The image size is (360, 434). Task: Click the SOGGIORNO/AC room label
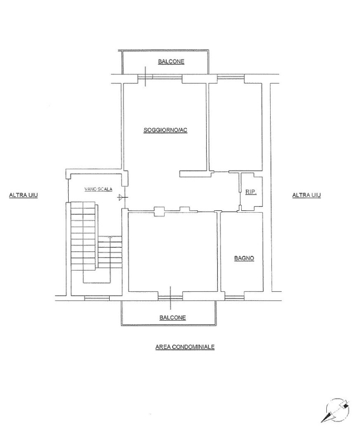coord(165,130)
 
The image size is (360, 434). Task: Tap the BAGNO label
coord(244,258)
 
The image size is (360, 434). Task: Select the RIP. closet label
coord(251,192)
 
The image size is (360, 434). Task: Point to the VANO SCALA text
coord(98,189)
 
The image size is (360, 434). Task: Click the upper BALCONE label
coord(171,61)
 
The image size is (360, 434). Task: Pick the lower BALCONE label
coord(172,318)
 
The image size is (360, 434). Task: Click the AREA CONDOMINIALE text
coord(185,347)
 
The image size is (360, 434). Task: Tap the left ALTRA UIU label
coord(24,195)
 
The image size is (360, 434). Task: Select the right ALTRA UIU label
coord(306,195)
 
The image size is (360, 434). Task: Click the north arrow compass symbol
coord(336,410)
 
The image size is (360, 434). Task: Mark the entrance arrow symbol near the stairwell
coord(122,197)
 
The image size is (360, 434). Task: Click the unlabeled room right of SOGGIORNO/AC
coord(235,127)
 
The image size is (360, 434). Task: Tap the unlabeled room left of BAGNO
coord(172,251)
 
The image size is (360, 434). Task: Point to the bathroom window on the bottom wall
coord(235,298)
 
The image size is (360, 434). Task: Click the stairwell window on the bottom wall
coord(97,298)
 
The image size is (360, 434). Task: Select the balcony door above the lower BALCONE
coord(170,298)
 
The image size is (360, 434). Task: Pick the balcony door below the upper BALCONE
coord(160,78)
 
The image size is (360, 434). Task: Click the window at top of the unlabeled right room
coord(231,77)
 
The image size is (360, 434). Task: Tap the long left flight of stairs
coord(83,236)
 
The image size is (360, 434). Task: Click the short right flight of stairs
coord(110,252)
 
